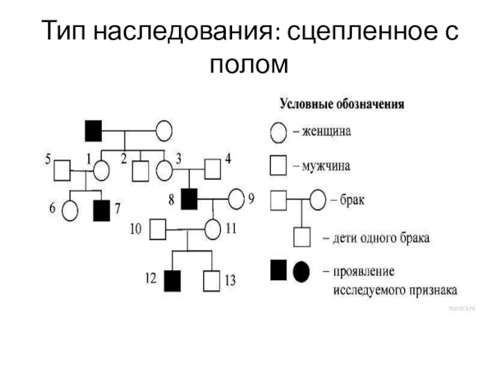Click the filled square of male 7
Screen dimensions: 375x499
pyautogui.click(x=101, y=211)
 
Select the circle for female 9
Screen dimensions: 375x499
pyautogui.click(x=236, y=199)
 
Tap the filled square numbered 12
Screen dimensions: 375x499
pyautogui.click(x=172, y=280)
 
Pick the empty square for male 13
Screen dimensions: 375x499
pyautogui.click(x=213, y=280)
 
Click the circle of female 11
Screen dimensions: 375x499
pyautogui.click(x=213, y=229)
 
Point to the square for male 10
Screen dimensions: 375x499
pyautogui.click(x=158, y=229)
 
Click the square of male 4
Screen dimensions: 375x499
pyautogui.click(x=213, y=169)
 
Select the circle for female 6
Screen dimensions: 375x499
pyautogui.click(x=70, y=211)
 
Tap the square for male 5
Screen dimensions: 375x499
pyautogui.click(x=62, y=169)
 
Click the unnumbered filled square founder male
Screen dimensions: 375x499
pyautogui.click(x=93, y=131)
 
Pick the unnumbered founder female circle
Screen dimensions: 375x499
pyautogui.click(x=163, y=131)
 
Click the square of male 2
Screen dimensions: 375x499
pyautogui.click(x=141, y=169)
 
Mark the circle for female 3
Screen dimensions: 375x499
pyautogui.click(x=164, y=169)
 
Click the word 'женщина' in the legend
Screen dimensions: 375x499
pyautogui.click(x=327, y=132)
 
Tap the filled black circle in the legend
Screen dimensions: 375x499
pyautogui.click(x=301, y=271)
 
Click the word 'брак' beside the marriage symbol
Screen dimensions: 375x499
pyautogui.click(x=352, y=201)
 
